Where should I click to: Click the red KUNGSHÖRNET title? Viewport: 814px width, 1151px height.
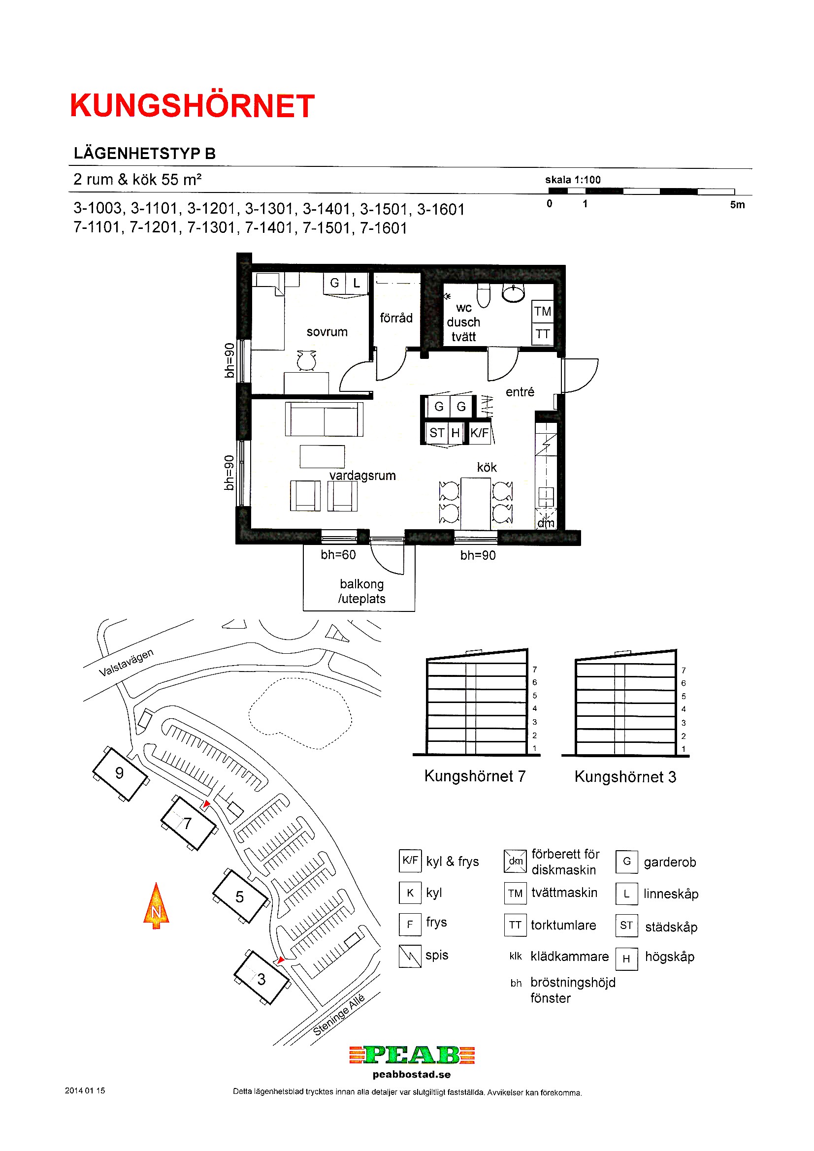[192, 106]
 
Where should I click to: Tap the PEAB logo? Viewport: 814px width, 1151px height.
[412, 1055]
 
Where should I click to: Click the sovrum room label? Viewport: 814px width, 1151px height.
[327, 332]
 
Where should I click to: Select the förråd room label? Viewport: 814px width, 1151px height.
[396, 318]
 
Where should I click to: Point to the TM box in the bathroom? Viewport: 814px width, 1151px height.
[543, 311]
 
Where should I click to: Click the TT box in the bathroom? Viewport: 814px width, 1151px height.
[543, 334]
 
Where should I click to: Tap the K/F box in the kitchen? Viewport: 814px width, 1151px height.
[480, 433]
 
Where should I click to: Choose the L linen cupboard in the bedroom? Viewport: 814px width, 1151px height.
[357, 283]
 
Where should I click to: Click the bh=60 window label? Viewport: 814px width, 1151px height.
[338, 555]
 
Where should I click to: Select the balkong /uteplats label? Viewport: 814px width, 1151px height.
[361, 592]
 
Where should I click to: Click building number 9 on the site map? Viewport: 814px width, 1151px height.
[119, 773]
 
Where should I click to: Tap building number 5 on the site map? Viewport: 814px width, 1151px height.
[240, 897]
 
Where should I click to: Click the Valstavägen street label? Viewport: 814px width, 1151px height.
[126, 662]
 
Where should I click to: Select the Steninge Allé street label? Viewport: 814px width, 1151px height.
[338, 1014]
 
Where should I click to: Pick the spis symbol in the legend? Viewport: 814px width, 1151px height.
[410, 956]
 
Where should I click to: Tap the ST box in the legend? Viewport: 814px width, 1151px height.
[626, 926]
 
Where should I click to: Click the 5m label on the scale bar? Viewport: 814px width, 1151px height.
[737, 204]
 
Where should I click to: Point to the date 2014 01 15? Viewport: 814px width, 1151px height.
[85, 1090]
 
